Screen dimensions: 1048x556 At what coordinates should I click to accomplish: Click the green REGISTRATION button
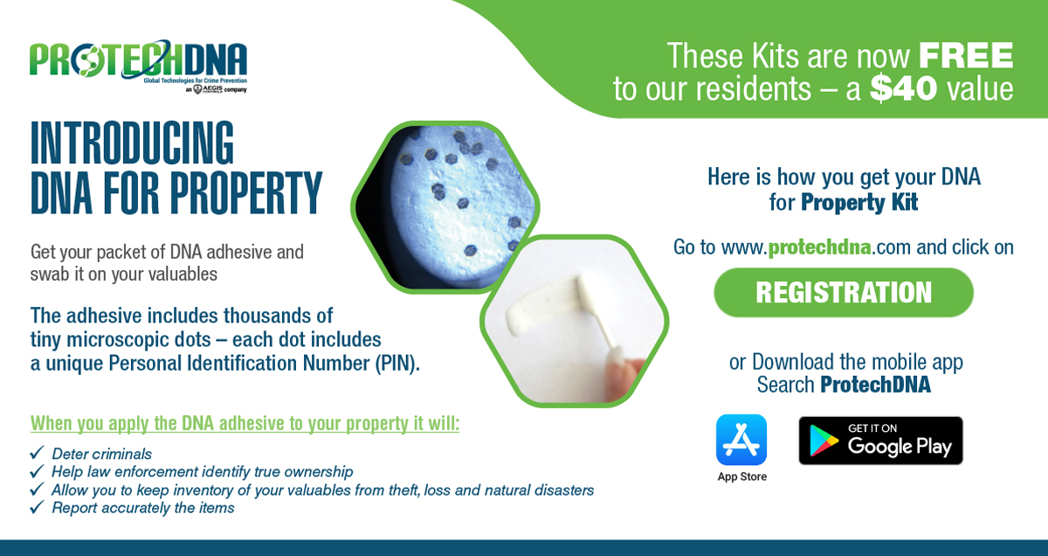point(844,292)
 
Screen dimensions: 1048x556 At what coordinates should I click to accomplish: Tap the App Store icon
point(741,440)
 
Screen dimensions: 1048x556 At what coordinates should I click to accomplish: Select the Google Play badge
point(880,441)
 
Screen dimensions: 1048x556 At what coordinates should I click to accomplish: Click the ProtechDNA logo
point(139,66)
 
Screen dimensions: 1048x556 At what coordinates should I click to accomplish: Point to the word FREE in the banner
point(966,56)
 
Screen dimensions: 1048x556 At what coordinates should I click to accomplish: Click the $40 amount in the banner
point(903,88)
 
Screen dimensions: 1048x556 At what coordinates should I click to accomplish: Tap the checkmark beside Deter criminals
point(37,453)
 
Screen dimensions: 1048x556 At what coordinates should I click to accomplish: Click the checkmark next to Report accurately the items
point(37,507)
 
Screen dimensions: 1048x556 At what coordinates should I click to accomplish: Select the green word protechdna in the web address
point(819,247)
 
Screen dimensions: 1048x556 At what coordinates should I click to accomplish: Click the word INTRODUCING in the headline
point(132,142)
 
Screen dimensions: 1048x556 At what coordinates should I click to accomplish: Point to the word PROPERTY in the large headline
point(246,192)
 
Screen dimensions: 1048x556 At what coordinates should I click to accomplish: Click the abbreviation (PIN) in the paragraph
point(397,363)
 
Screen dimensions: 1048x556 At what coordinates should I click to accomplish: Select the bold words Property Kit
point(859,202)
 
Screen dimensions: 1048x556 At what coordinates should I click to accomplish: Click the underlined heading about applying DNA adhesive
point(245,423)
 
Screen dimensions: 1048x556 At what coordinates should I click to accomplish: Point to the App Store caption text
point(742,476)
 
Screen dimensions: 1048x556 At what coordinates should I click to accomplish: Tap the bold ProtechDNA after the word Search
point(875,385)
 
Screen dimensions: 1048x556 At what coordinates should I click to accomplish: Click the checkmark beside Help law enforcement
point(37,470)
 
